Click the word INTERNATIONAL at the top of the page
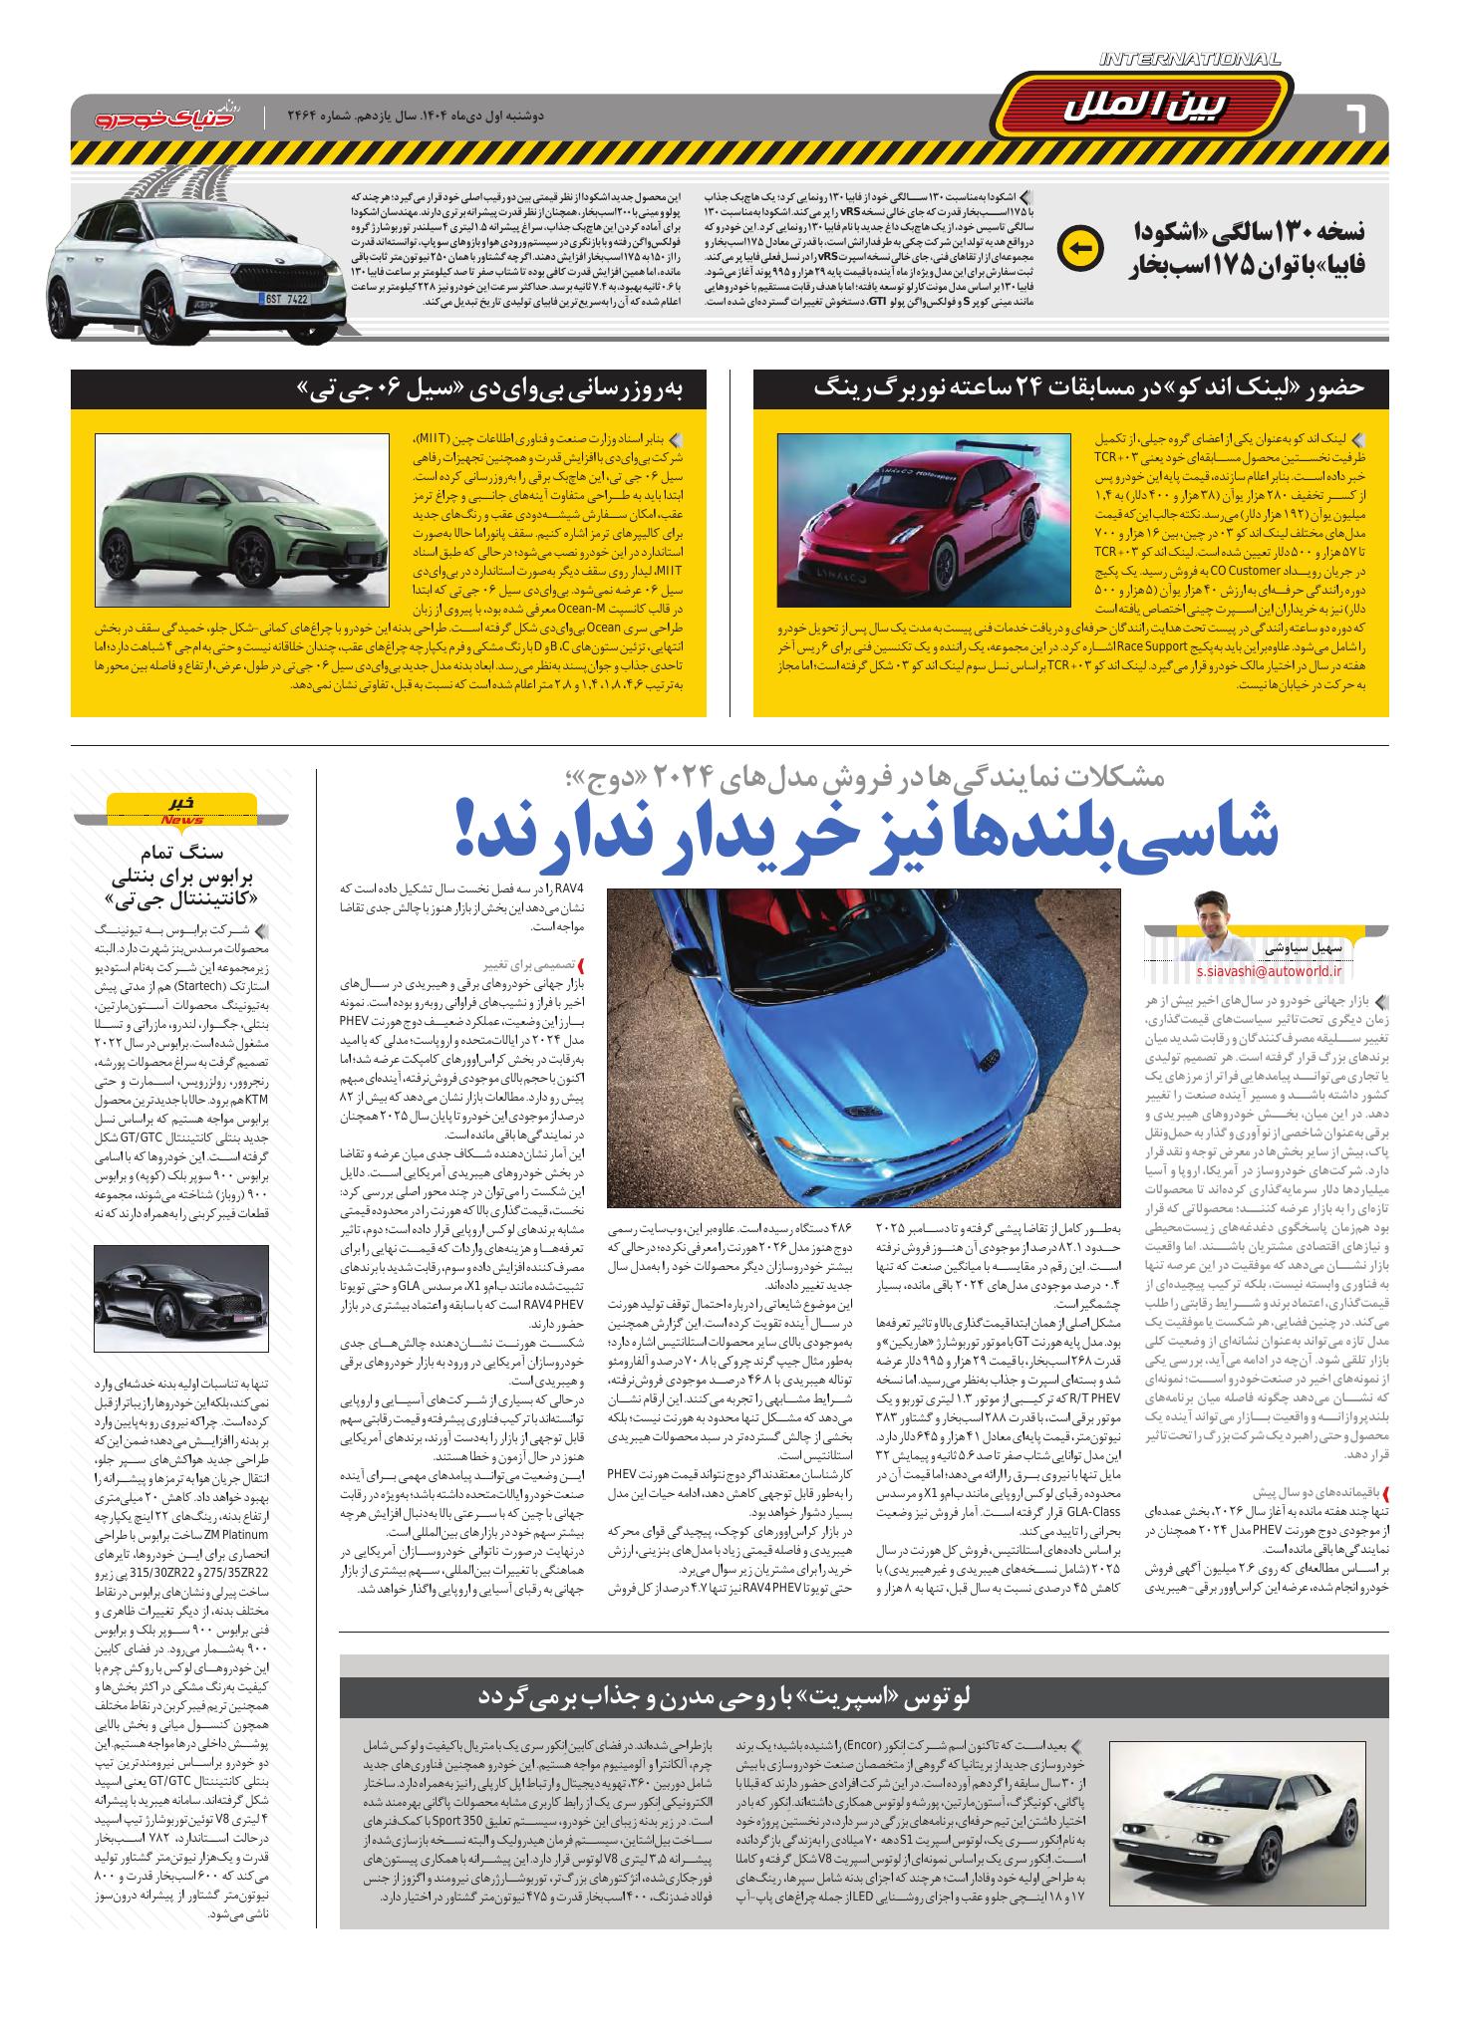coord(1190,62)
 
